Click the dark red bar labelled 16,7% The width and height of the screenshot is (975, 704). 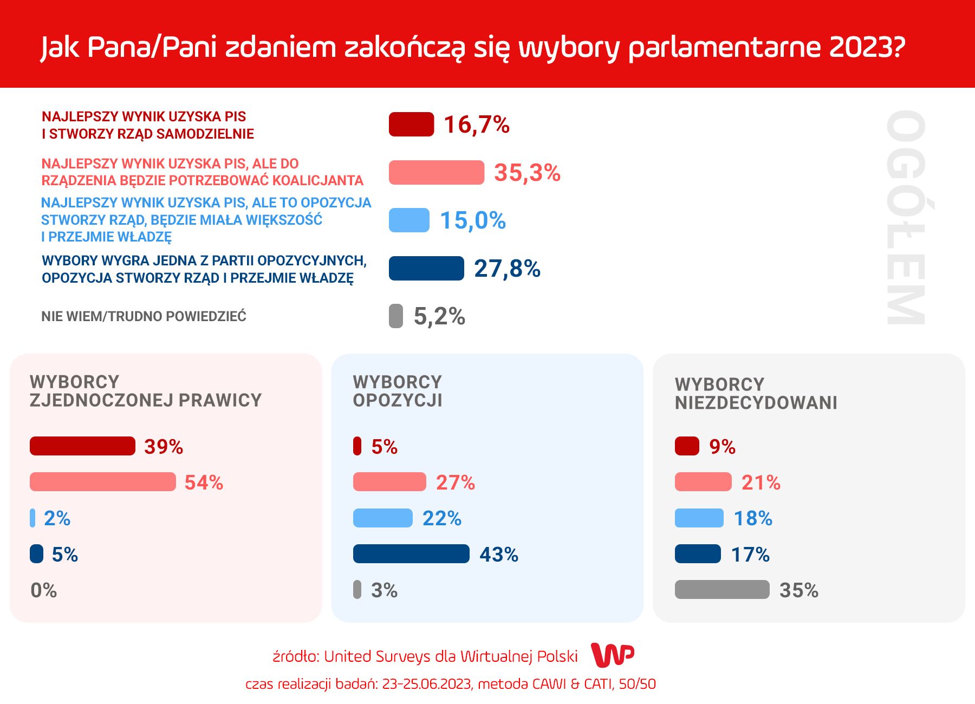[411, 124]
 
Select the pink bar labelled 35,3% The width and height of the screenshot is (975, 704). [436, 172]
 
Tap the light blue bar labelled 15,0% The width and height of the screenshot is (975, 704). [409, 220]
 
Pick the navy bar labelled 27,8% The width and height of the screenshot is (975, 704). [426, 268]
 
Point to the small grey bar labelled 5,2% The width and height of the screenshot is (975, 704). [396, 316]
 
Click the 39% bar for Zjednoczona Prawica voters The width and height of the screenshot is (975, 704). [82, 446]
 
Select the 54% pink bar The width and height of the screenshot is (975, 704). [103, 481]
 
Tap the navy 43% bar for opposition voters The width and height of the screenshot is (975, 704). [411, 553]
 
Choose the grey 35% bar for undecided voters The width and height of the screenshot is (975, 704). [722, 589]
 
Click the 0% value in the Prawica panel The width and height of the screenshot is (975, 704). [43, 590]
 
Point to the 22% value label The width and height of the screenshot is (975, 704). [442, 518]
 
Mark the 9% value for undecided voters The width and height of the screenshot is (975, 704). [722, 447]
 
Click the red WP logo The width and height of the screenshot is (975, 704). [613, 655]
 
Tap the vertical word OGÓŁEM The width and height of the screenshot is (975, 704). [906, 217]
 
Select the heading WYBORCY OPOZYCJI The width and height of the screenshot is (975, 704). [398, 391]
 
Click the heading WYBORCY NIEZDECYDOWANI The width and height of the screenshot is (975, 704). [756, 394]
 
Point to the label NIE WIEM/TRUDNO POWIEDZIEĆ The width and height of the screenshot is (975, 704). [144, 316]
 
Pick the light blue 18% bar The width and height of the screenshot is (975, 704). [699, 518]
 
